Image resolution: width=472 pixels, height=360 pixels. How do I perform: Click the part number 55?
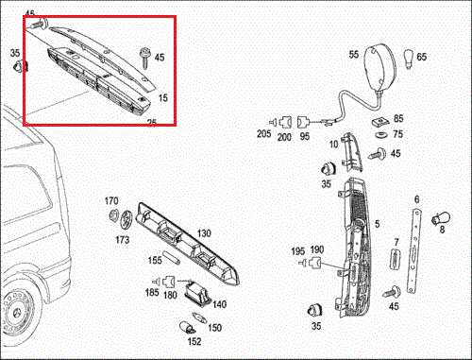[x=354, y=56]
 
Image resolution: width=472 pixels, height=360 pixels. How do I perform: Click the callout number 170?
[x=111, y=201]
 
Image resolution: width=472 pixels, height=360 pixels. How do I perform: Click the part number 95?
[x=304, y=136]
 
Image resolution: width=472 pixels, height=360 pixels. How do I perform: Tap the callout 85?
[x=398, y=119]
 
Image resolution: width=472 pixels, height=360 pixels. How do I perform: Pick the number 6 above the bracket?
[x=416, y=198]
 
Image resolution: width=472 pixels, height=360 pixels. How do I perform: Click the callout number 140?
[x=219, y=304]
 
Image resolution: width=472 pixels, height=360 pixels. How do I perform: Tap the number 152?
[x=194, y=341]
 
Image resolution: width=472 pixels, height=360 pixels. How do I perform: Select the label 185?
[x=150, y=295]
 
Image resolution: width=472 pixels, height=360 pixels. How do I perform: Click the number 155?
[x=154, y=259]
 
